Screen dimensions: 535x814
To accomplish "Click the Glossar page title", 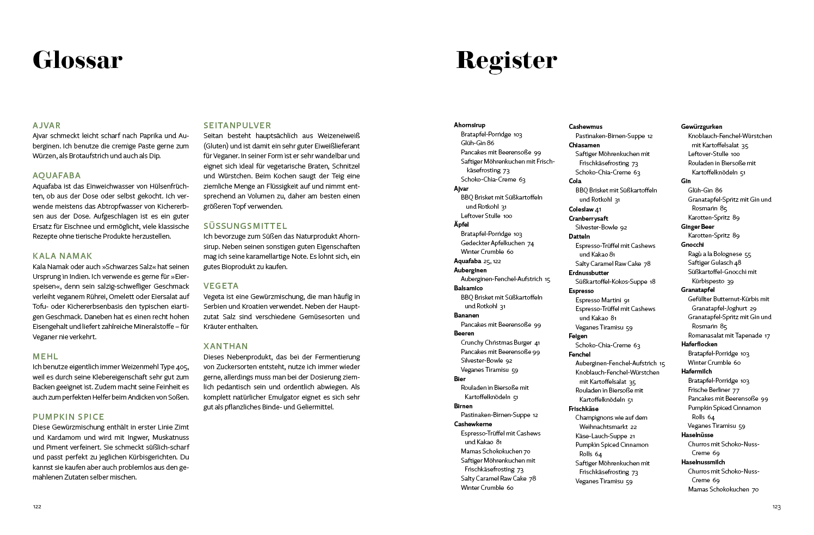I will [x=77, y=60].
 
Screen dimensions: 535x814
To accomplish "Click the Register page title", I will [x=506, y=60].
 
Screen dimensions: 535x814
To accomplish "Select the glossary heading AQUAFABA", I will [x=57, y=176].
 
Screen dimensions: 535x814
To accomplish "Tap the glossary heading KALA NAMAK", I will [x=63, y=256].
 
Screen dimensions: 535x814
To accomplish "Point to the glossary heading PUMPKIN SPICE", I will [x=69, y=417].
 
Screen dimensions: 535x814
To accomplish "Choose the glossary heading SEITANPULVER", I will [x=237, y=126].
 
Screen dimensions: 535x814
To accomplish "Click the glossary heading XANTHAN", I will [x=225, y=346].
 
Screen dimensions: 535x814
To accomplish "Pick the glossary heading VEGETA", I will [x=221, y=286].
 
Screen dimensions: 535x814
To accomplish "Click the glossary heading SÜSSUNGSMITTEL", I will [x=245, y=226].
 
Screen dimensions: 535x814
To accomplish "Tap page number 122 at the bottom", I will [x=37, y=507].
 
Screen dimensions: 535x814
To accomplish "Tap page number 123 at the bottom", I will [x=776, y=507].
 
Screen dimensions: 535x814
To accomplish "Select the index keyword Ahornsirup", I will [x=470, y=125].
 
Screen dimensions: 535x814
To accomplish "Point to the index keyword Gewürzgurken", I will [x=701, y=127].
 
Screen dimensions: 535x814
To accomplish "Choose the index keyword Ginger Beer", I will [x=698, y=227].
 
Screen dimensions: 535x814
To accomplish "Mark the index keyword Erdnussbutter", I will [x=589, y=273].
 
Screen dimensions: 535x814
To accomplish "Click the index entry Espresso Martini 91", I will [x=602, y=300].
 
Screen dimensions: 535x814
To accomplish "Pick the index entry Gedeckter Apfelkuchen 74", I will [x=497, y=243].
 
